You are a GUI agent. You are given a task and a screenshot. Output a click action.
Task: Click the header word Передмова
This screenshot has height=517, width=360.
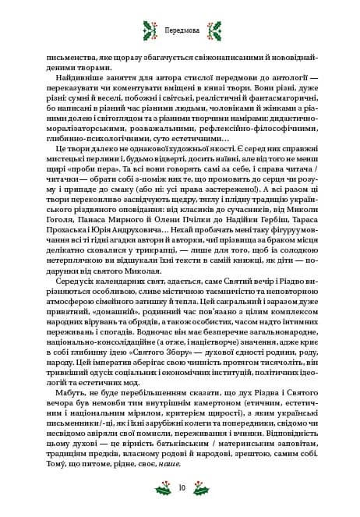pyautogui.click(x=180, y=32)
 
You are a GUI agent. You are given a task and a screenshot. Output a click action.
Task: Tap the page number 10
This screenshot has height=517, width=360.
pyautogui.click(x=180, y=488)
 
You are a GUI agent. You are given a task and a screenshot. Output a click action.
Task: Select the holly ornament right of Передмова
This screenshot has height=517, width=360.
pyautogui.click(x=213, y=32)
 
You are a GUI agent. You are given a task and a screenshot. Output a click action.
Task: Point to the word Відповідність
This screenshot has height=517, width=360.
pyautogui.click(x=286, y=429)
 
